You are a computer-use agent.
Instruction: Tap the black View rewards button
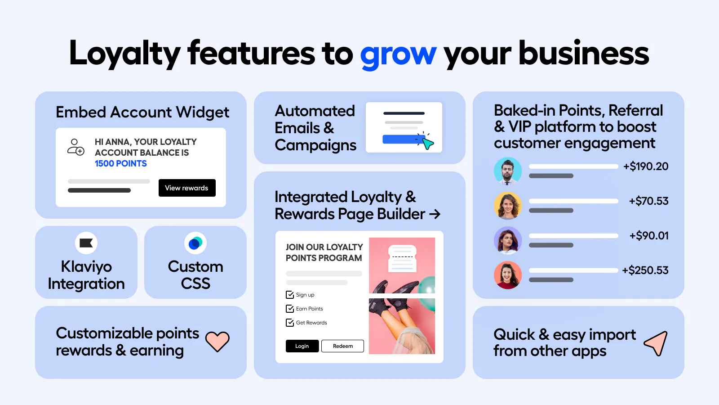[187, 188]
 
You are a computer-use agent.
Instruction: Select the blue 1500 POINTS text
[121, 164]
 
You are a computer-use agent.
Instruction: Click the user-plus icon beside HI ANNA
[76, 147]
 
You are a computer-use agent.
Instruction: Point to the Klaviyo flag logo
[86, 243]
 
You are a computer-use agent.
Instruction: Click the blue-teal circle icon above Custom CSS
[195, 243]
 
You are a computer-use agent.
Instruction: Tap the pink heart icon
[217, 342]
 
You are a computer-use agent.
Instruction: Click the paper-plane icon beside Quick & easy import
[657, 343]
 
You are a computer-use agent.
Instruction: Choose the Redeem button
[342, 346]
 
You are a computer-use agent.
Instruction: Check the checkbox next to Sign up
[290, 295]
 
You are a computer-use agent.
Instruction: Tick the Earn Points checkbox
[290, 309]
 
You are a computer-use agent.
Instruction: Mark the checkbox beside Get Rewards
[290, 322]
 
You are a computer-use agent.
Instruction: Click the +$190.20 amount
[646, 166]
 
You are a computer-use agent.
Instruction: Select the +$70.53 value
[649, 201]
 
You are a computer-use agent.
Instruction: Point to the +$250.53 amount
[645, 270]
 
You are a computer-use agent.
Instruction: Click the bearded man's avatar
[508, 171]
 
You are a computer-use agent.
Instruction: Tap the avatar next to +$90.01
[508, 240]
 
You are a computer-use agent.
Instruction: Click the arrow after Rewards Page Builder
[435, 214]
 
